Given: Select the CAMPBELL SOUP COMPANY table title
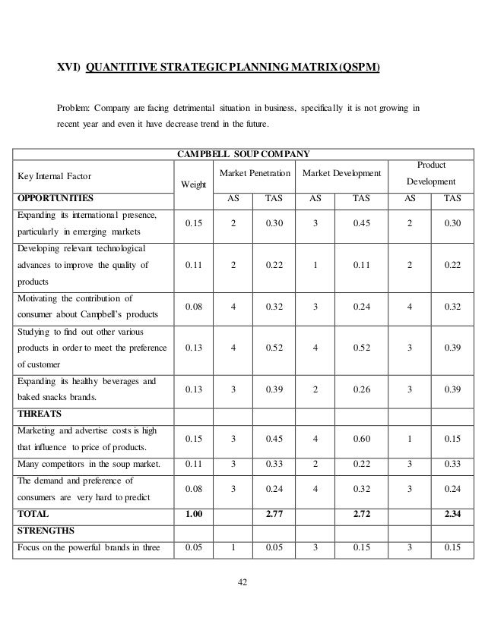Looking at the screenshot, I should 242,153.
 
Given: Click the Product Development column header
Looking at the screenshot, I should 431,174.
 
